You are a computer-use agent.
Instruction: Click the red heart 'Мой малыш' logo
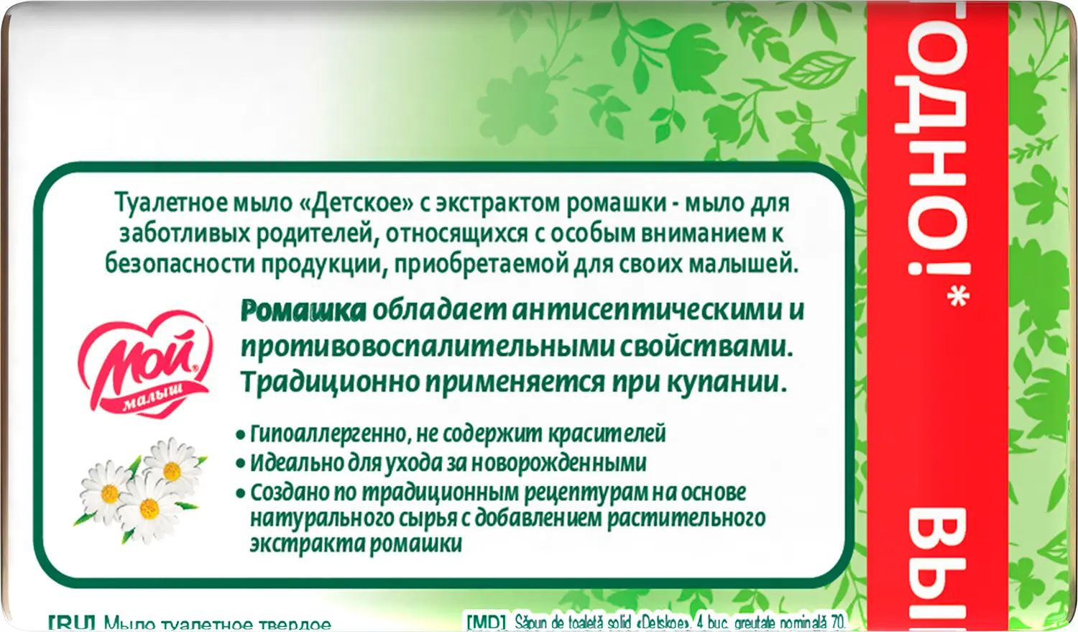(x=146, y=364)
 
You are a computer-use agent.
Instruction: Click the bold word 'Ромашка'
(x=303, y=311)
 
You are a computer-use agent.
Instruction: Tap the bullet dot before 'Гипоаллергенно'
(x=241, y=435)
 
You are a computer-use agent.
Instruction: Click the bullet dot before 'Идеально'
(x=241, y=464)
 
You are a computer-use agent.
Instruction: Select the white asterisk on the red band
(x=958, y=296)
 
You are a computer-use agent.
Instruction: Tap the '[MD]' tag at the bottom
(x=487, y=622)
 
